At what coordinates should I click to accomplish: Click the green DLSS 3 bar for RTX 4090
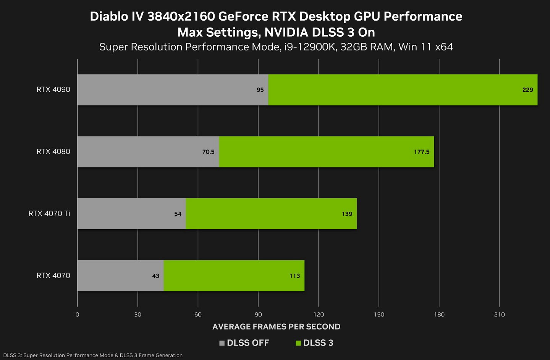[x=403, y=90]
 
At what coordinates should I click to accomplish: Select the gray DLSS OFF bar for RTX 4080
[x=148, y=152]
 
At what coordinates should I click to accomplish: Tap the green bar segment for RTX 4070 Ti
[x=271, y=214]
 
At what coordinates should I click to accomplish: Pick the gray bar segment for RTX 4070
[x=120, y=276]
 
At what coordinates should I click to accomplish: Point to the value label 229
[x=527, y=90]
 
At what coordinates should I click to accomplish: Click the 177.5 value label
[x=422, y=152]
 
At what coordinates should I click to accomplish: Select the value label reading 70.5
[x=208, y=152]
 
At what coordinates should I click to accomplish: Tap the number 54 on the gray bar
[x=178, y=214]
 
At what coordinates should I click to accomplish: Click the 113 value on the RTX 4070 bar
[x=294, y=276]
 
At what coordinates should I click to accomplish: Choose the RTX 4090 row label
[x=53, y=89]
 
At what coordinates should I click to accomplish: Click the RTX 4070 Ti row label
[x=49, y=213]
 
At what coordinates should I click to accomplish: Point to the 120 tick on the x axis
[x=319, y=315]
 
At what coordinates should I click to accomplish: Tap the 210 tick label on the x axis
[x=499, y=315]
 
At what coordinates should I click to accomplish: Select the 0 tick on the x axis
[x=78, y=315]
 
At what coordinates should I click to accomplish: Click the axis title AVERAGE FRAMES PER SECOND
[x=276, y=327]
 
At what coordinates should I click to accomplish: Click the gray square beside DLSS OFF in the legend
[x=222, y=343]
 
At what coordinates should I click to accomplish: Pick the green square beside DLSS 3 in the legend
[x=298, y=343]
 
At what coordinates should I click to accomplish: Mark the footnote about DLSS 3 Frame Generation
[x=93, y=355]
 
